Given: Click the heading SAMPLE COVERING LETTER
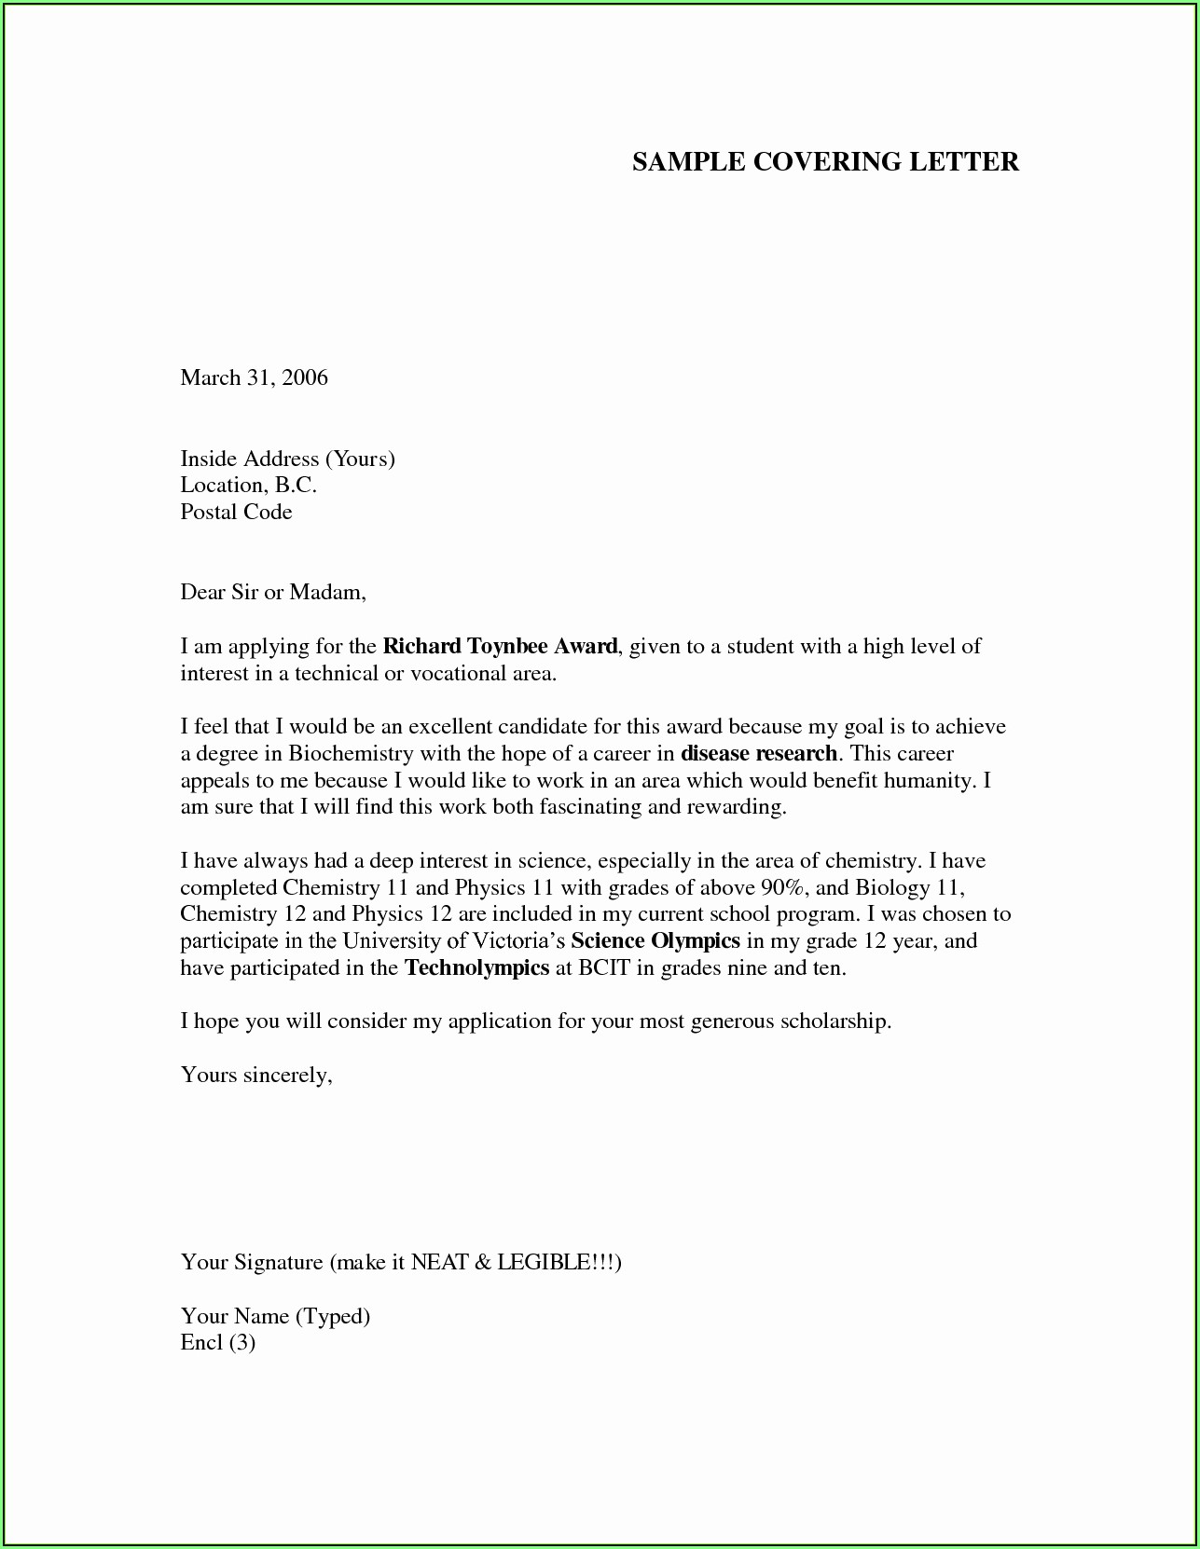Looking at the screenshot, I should click(825, 162).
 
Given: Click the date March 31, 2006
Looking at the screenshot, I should click(254, 377).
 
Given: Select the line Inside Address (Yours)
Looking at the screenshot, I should click(287, 459).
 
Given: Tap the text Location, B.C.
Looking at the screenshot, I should click(248, 485).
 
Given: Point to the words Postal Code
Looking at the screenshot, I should click(236, 512).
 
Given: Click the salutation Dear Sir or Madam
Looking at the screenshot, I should click(272, 592).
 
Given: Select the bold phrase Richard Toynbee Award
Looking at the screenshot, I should click(500, 646).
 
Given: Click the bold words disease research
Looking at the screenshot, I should click(759, 753).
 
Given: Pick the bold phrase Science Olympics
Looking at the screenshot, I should click(655, 940).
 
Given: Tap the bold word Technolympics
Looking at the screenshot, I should click(476, 967).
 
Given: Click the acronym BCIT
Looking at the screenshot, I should click(604, 967).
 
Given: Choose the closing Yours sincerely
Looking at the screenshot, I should click(256, 1075).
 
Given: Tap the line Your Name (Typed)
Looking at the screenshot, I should click(275, 1315).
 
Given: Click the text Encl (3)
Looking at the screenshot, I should click(217, 1342).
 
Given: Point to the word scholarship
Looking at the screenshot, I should click(835, 1021).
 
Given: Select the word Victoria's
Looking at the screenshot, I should click(518, 940).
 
